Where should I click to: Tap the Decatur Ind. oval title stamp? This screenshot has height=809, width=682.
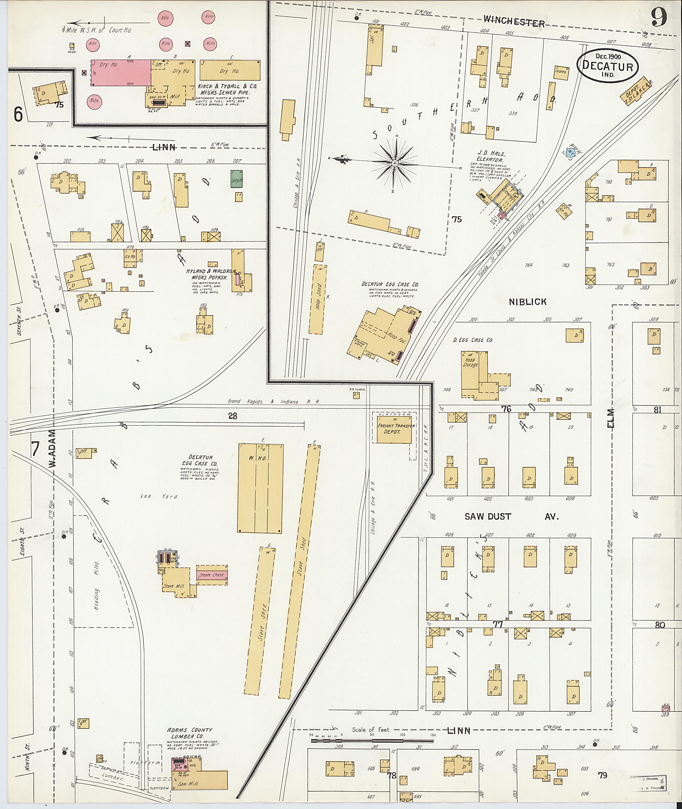coord(607,65)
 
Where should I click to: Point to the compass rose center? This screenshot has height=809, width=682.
coord(394,163)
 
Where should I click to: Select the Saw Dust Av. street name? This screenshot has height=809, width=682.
coord(511,517)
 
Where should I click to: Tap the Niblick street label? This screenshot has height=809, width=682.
coord(527,302)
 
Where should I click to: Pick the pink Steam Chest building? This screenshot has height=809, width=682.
coord(212,575)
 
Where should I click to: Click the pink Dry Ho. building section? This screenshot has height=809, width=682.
coord(121,73)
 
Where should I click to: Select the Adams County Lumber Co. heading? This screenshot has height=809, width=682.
coord(189,732)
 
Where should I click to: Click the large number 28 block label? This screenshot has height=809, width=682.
coord(232,416)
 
